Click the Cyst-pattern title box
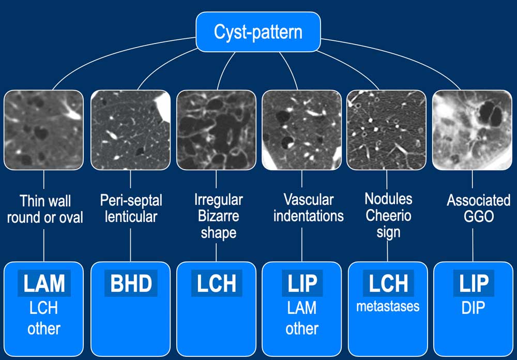258,32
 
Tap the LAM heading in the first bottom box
44,283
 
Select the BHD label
130,283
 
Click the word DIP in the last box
473,308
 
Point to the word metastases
388,306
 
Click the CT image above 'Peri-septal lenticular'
130,130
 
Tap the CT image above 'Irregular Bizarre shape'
216,130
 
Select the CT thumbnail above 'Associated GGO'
473,130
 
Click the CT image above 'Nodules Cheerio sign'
387,130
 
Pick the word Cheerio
388,215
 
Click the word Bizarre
218,216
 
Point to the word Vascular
309,199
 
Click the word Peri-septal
130,200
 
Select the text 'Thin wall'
45,201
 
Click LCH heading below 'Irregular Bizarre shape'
216,283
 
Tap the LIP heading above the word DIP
473,283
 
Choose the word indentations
309,216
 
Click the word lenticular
130,216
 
